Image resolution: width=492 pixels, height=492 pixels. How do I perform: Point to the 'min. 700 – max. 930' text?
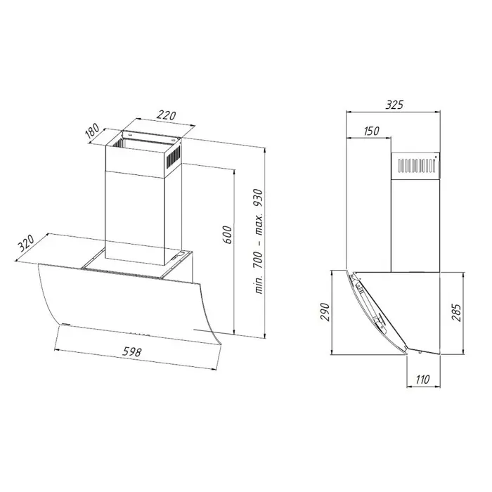(257, 242)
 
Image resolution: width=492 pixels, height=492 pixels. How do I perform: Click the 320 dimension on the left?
(26, 244)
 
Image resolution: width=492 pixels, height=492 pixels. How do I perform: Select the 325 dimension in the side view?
(394, 105)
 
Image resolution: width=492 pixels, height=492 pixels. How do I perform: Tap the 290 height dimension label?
(325, 312)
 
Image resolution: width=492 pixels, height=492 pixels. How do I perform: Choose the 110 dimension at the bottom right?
(422, 380)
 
